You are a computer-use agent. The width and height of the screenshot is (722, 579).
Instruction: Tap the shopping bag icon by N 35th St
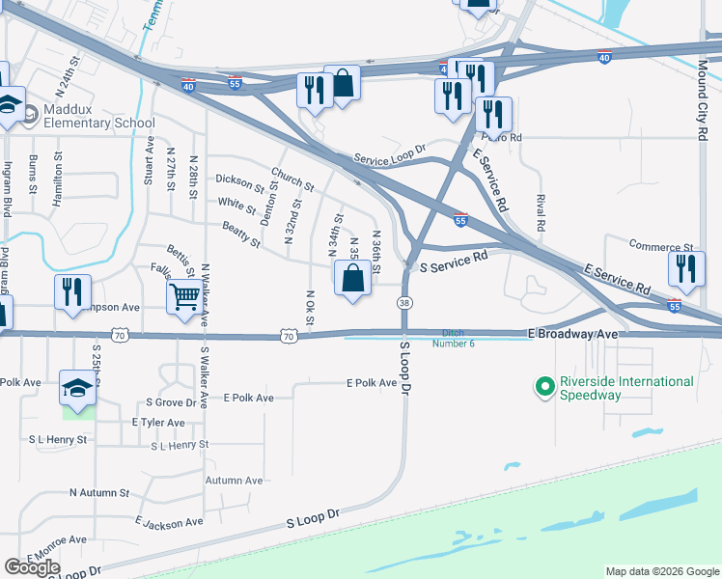tap(353, 279)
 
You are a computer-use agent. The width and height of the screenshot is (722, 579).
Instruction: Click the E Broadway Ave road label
tap(572, 333)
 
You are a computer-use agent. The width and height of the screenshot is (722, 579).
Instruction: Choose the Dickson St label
tap(239, 181)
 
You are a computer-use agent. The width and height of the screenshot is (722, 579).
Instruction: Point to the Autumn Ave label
tap(234, 480)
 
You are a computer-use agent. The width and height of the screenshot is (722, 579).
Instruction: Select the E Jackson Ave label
tap(169, 522)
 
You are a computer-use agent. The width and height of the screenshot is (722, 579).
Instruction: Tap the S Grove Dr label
tap(173, 401)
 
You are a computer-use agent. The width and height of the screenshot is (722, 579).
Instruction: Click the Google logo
tap(33, 566)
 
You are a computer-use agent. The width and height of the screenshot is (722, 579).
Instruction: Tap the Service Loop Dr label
tap(389, 157)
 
